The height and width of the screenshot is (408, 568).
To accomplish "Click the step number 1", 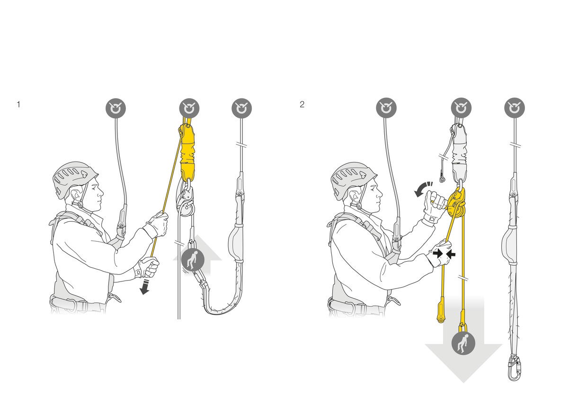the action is (x=18, y=104).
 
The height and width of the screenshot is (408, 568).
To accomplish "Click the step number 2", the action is (x=302, y=104).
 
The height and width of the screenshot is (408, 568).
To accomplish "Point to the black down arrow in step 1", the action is (x=145, y=286).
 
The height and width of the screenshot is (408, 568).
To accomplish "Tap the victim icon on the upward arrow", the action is (x=193, y=260).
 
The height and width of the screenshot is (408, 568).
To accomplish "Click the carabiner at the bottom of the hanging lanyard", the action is (x=514, y=368).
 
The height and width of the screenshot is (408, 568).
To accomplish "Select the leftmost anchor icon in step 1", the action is (x=115, y=108).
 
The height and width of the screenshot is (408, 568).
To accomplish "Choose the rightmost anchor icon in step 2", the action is (x=515, y=108).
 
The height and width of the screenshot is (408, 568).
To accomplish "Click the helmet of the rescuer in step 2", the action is (x=353, y=178).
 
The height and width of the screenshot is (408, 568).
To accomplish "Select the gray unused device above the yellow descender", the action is (x=460, y=152).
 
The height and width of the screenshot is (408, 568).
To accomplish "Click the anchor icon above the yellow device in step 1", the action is (x=189, y=109).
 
